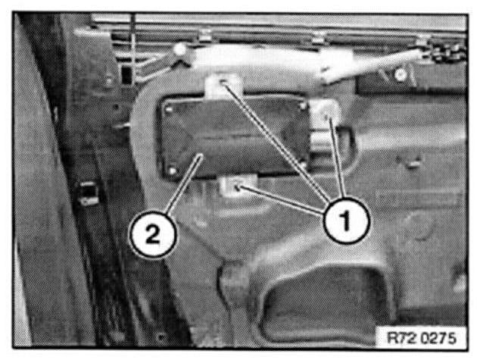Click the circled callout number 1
pos(345,220)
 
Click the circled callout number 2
pos(153,235)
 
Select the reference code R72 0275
pos(421,338)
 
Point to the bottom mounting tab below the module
pos(237,186)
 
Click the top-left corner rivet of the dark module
pos(169,108)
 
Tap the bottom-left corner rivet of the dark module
pos(173,171)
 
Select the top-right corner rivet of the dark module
pos(302,106)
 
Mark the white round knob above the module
pos(181,49)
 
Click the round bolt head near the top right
pos(401,74)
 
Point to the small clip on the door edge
pos(89,193)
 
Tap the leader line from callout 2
pos(184,185)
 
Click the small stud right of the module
pos(412,164)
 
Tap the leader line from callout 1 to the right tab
pos(338,158)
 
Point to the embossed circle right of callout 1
pos(419,225)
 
